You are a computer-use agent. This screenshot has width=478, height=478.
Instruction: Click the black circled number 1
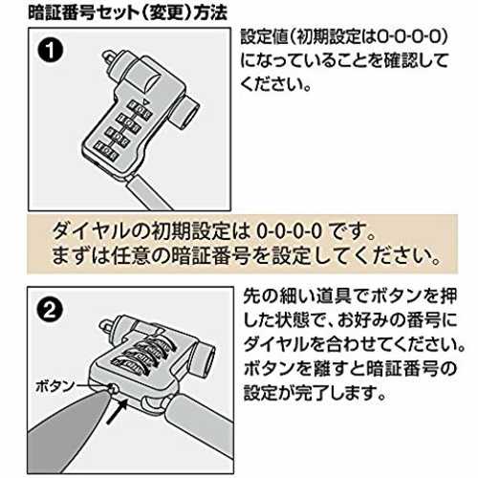(x=51, y=51)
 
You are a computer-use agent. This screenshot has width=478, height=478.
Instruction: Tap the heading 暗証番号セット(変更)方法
(x=127, y=13)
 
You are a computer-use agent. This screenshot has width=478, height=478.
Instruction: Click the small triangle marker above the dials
(x=145, y=102)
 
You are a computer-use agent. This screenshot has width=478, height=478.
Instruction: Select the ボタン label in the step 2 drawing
(x=54, y=387)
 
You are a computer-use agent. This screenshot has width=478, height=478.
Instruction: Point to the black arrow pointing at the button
(x=117, y=411)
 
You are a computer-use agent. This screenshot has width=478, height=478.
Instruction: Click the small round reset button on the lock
(x=113, y=388)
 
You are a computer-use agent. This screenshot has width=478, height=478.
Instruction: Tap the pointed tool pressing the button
(x=69, y=421)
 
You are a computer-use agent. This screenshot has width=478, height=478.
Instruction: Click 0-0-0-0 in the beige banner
(x=289, y=231)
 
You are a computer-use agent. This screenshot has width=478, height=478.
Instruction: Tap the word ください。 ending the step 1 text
(x=276, y=84)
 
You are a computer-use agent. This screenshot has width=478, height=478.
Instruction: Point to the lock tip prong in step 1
(x=108, y=56)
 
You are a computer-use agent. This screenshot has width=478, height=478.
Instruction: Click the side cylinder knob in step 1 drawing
(x=185, y=112)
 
